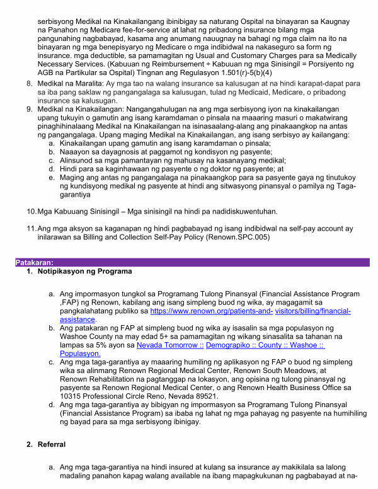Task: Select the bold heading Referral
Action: (52, 445)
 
